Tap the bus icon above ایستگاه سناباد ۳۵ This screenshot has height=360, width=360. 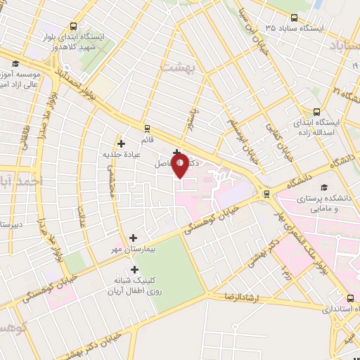pyautogui.click(x=294, y=18)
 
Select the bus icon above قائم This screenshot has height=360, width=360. pyautogui.click(x=146, y=128)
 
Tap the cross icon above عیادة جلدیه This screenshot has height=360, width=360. pyautogui.click(x=122, y=143)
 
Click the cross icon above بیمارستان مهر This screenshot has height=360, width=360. pyautogui.click(x=134, y=238)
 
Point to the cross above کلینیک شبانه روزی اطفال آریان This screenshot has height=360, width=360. pyautogui.click(x=134, y=269)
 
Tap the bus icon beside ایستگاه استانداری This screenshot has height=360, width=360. pyautogui.click(x=350, y=299)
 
